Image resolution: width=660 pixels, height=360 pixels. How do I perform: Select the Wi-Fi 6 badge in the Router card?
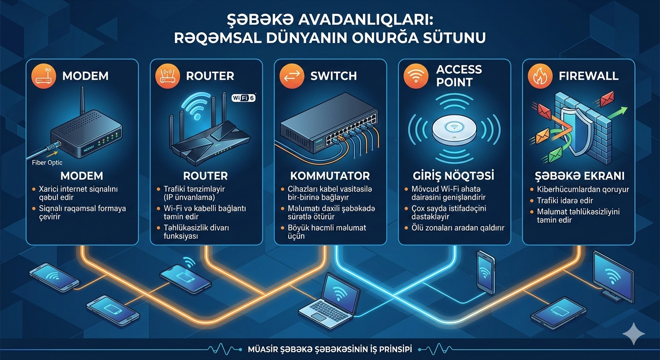pos(244,98)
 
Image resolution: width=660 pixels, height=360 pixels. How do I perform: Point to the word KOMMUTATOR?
pos(330,176)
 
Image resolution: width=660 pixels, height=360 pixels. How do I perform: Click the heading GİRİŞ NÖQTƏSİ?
pos(454,177)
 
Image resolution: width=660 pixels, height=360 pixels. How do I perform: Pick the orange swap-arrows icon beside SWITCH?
pos(292,76)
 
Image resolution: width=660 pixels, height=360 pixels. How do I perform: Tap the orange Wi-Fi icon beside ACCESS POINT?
pos(416,76)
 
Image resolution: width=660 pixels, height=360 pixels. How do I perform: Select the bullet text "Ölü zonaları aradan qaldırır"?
pos(457,228)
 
